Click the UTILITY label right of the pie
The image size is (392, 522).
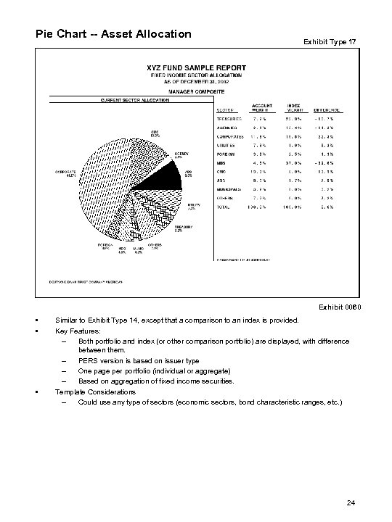[x=194, y=207]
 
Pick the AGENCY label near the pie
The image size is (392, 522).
[x=182, y=155]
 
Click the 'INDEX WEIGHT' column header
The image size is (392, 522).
[x=294, y=108]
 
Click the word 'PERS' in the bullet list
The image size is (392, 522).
[x=86, y=361]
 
